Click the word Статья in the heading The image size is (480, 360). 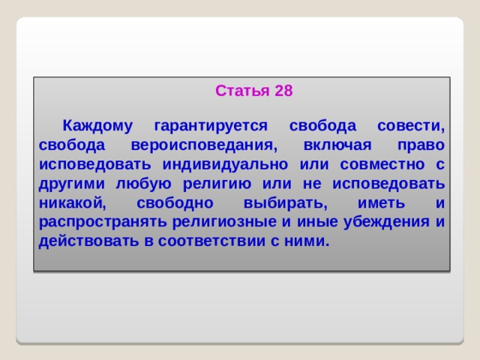tap(242, 91)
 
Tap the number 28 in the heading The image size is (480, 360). tap(283, 91)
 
